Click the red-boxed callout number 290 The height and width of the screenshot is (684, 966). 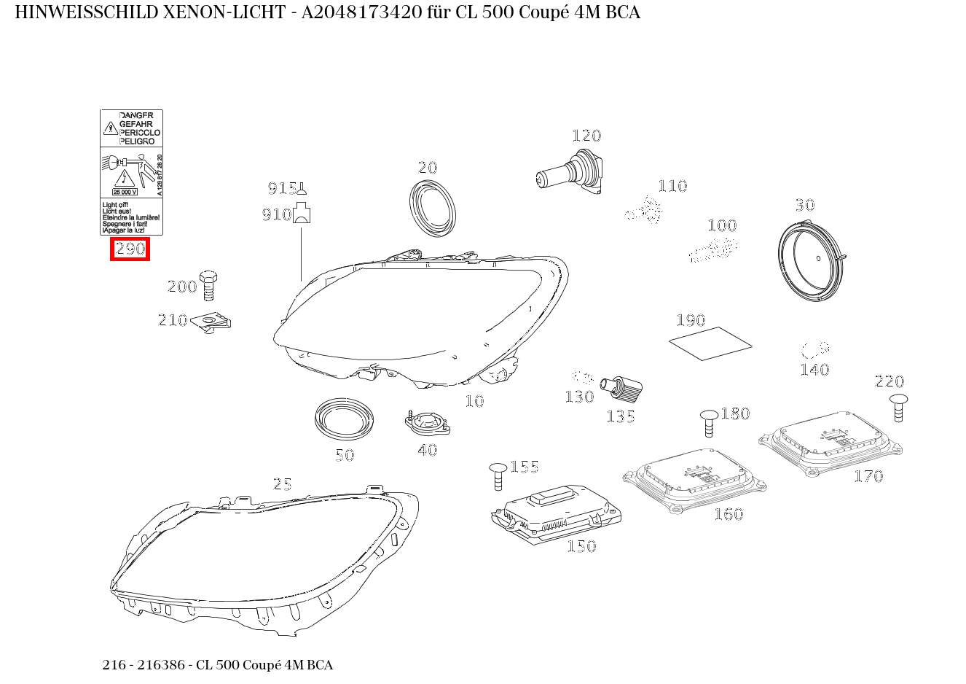[130, 249]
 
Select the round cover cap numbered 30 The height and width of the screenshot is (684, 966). [811, 263]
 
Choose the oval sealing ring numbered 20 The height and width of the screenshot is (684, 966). [434, 207]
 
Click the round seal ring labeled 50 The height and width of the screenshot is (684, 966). [344, 418]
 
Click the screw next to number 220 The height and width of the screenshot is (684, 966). [899, 407]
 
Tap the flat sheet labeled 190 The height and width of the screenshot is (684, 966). [710, 343]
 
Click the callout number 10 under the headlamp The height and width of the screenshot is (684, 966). [474, 401]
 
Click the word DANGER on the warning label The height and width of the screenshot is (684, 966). [136, 116]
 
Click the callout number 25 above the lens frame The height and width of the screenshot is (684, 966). [282, 484]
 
